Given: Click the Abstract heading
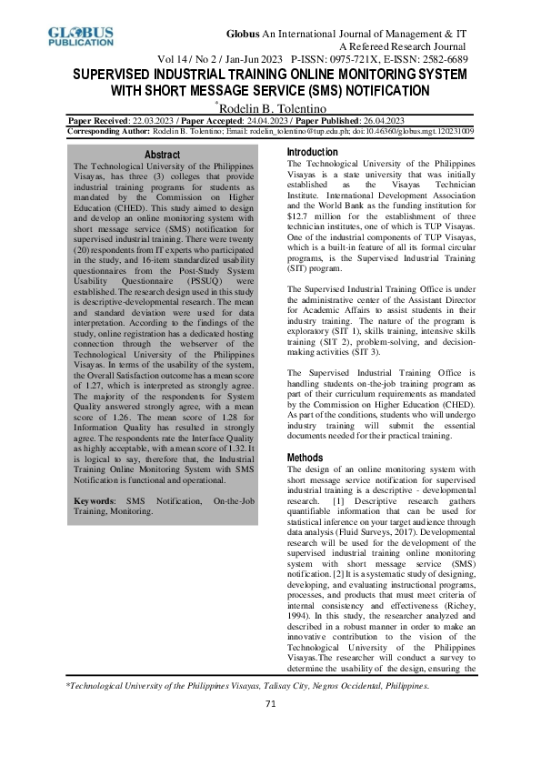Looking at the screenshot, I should [163, 156].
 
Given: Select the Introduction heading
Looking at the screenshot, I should [312, 152].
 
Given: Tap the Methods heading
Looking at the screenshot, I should [306, 458].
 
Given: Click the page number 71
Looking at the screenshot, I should [270, 730].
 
